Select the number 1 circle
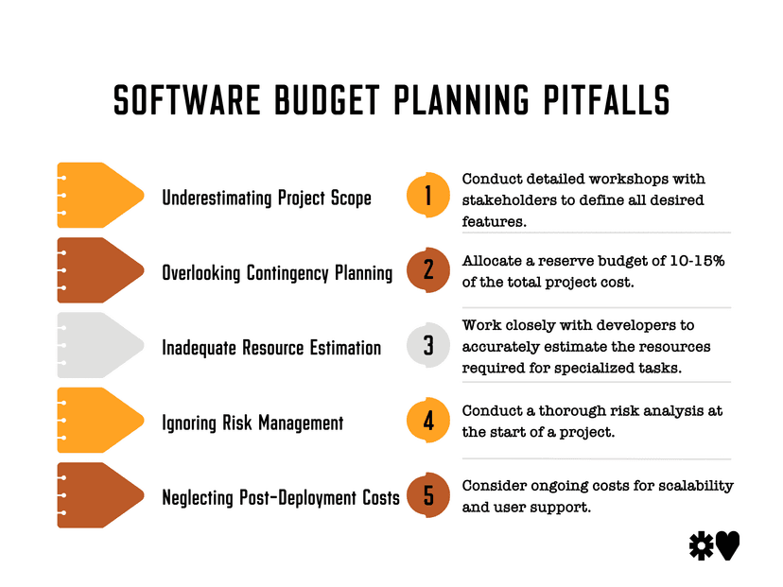pyautogui.click(x=427, y=196)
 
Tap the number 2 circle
pyautogui.click(x=427, y=270)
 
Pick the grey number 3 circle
pyautogui.click(x=427, y=346)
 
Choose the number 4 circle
pyautogui.click(x=427, y=421)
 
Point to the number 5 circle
pyautogui.click(x=427, y=495)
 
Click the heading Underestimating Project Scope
pyautogui.click(x=267, y=198)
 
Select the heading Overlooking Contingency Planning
pyautogui.click(x=277, y=273)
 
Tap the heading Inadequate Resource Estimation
pyautogui.click(x=271, y=348)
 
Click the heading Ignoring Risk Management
pyautogui.click(x=252, y=423)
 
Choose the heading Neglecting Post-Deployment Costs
pyautogui.click(x=281, y=497)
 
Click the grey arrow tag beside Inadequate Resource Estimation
pyautogui.click(x=99, y=346)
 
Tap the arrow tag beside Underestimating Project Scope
pyautogui.click(x=99, y=196)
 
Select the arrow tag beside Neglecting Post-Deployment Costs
pyautogui.click(x=99, y=495)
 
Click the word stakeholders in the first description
pyautogui.click(x=502, y=200)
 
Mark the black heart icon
pyautogui.click(x=727, y=545)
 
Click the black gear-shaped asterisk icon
pyautogui.click(x=701, y=545)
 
